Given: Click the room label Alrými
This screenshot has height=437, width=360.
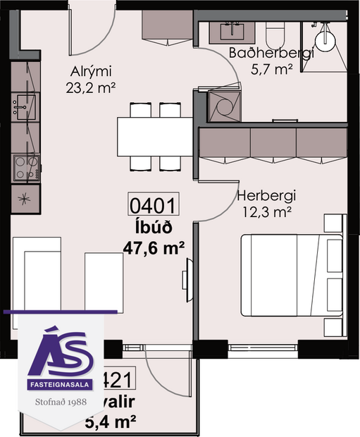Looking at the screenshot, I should (x=91, y=71).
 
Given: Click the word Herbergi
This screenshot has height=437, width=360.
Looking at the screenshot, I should (x=265, y=195).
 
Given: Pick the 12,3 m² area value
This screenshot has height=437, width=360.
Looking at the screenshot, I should (x=265, y=211).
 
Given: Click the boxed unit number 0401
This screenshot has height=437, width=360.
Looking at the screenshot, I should (x=151, y=206).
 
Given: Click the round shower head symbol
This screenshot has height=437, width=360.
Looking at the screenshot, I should (x=325, y=39).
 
